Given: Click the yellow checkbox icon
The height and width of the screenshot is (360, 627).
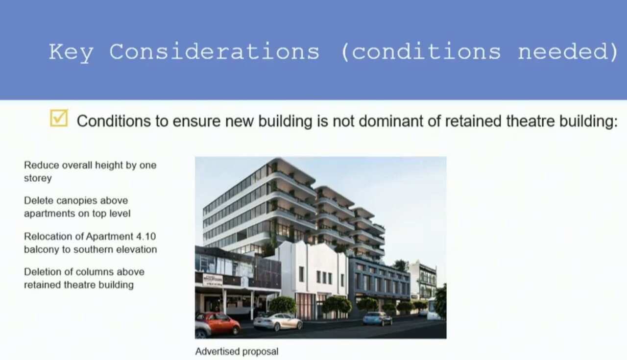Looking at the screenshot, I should [x=59, y=118].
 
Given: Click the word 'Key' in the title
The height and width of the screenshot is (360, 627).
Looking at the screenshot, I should [x=71, y=51].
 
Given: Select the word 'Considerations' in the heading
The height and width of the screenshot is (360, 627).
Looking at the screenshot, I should [x=214, y=51].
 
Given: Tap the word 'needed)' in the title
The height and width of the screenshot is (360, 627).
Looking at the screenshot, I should [x=568, y=51].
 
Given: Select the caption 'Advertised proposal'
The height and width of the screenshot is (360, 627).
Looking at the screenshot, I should [x=237, y=351].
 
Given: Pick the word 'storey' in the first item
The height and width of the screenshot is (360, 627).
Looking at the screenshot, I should [x=38, y=178].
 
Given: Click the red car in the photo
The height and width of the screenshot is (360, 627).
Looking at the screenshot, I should [x=218, y=324].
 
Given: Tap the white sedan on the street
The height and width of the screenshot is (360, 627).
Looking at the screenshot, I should [x=278, y=321].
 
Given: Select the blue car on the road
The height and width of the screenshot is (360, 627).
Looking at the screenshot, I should [x=377, y=318].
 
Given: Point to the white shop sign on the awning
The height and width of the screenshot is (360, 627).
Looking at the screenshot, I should [x=213, y=280].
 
